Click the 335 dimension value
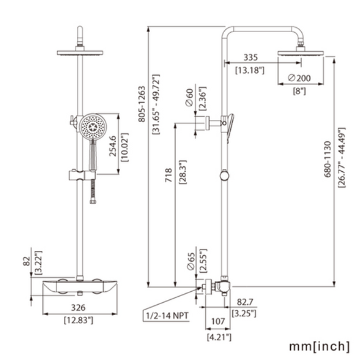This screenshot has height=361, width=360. tap(250, 57)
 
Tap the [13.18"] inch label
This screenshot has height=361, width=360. tap(250, 70)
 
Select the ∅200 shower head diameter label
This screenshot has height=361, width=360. tap(299, 78)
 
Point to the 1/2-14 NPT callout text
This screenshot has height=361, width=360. tap(167, 315)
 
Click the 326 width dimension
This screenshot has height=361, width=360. tap(78, 308)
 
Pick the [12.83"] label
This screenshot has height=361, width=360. tap(79, 320)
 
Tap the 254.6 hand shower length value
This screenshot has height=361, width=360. tap(113, 146)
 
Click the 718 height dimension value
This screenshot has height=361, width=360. tap(169, 175)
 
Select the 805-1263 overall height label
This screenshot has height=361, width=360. tap(142, 104)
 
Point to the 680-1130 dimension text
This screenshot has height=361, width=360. tap(327, 159)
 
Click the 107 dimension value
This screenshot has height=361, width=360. tap(218, 321)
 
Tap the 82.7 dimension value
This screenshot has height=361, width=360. tap(245, 302)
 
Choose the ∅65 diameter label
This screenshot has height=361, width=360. tap(191, 261)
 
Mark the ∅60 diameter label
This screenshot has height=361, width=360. tap(190, 98)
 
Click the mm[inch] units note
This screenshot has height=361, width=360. tap(319, 346)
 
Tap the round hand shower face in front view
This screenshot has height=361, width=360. tap(93, 127)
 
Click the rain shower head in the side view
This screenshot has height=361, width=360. tap(301, 53)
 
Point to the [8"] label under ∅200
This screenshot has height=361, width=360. tap(299, 91)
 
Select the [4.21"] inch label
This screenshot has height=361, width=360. tap(219, 338)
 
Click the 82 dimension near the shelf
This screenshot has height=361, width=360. tap(27, 261)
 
